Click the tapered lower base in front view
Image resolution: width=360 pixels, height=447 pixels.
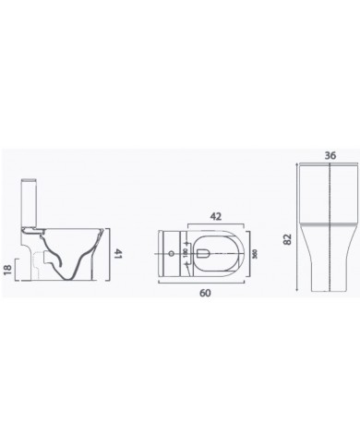(328, 268)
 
